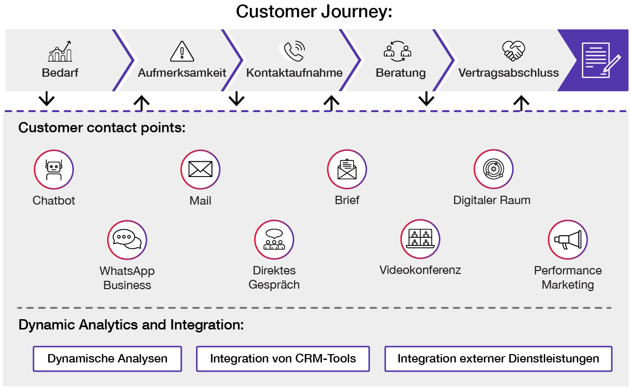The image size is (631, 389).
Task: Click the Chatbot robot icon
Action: click(54, 170)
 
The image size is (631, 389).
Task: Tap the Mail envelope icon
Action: click(200, 170)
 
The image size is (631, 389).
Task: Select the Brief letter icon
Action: click(347, 170)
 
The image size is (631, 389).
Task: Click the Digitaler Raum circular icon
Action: click(493, 169)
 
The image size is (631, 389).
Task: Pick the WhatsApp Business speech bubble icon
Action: click(127, 240)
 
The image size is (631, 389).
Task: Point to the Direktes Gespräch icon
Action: click(274, 240)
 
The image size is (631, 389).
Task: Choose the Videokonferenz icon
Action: click(420, 239)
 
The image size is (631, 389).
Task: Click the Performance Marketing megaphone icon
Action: click(567, 240)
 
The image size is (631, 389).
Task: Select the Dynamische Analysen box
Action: click(107, 359)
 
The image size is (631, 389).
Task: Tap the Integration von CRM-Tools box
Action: click(283, 359)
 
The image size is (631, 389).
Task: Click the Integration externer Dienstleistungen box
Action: click(498, 359)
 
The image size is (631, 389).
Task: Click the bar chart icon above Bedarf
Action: click(60, 52)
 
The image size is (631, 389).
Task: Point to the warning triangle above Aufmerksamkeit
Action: click(182, 52)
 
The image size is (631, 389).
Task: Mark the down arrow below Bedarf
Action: click(47, 98)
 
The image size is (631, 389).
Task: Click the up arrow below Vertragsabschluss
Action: click(521, 103)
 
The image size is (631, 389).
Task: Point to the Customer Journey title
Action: click(314, 11)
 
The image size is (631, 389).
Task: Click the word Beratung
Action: click(400, 73)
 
